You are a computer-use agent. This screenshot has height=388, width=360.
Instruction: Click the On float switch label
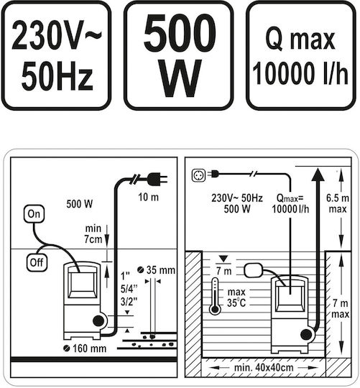tap(34, 214)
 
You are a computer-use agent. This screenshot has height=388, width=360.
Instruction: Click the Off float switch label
tap(37, 262)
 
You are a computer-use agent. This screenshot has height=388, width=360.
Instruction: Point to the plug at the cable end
tap(157, 179)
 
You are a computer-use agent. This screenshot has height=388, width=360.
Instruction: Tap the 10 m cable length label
tap(149, 197)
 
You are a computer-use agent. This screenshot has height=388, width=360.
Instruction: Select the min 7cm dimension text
tap(93, 234)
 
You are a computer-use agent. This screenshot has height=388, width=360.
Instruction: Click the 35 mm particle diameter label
tap(157, 270)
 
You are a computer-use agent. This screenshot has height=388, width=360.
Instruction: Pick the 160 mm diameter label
tap(85, 348)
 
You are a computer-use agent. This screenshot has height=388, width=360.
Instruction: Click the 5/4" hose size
tap(129, 288)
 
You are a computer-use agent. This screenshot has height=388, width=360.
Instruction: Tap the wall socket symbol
tap(198, 175)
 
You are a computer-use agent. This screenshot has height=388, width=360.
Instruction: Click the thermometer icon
tap(215, 296)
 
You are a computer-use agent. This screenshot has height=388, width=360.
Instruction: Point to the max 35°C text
tap(236, 297)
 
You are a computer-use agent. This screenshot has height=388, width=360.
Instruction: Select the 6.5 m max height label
tap(338, 203)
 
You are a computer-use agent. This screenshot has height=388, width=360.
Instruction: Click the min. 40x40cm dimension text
tap(264, 368)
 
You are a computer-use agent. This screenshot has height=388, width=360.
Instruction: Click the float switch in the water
tap(253, 270)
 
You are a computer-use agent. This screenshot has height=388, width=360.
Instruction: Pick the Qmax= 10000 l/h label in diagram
tap(290, 203)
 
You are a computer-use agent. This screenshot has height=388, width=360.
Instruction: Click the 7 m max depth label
tap(341, 308)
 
